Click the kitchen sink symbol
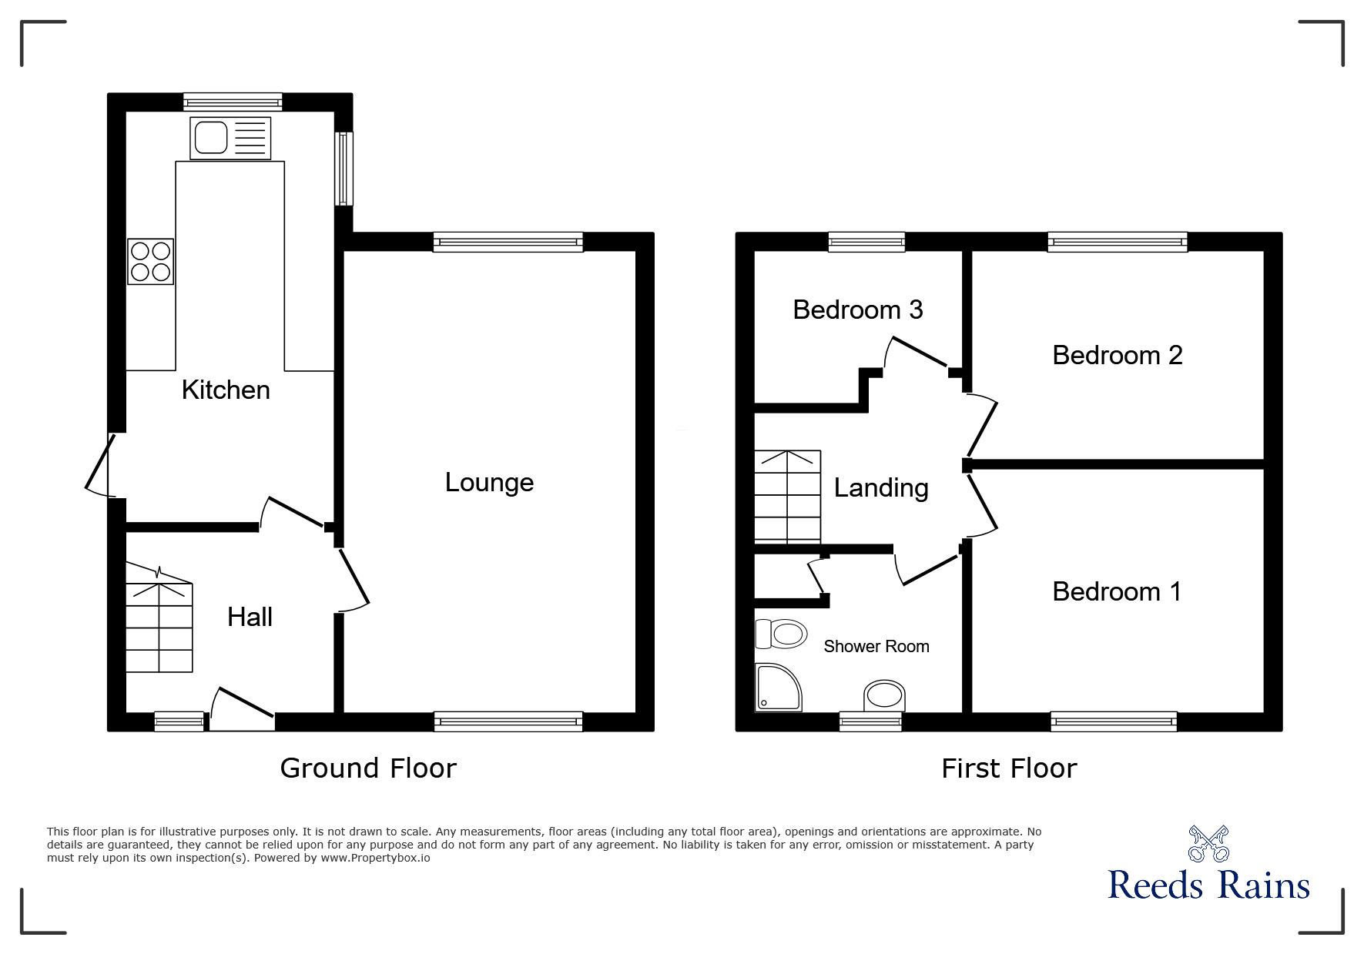click(x=230, y=138)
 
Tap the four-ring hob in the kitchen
click(x=151, y=262)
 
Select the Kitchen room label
click(x=226, y=390)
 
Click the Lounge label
click(x=489, y=483)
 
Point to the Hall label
click(x=250, y=617)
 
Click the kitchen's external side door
click(x=100, y=464)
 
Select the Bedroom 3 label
click(x=857, y=310)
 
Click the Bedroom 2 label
click(x=1117, y=355)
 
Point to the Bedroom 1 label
click(x=1116, y=591)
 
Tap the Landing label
click(x=881, y=488)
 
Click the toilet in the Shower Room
click(x=781, y=634)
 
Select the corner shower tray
click(x=777, y=688)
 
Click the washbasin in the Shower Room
click(x=883, y=695)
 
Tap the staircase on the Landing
click(x=787, y=497)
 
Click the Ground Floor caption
click(x=368, y=768)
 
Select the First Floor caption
click(x=1008, y=768)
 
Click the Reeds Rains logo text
click(x=1208, y=885)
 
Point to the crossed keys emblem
click(x=1208, y=843)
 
